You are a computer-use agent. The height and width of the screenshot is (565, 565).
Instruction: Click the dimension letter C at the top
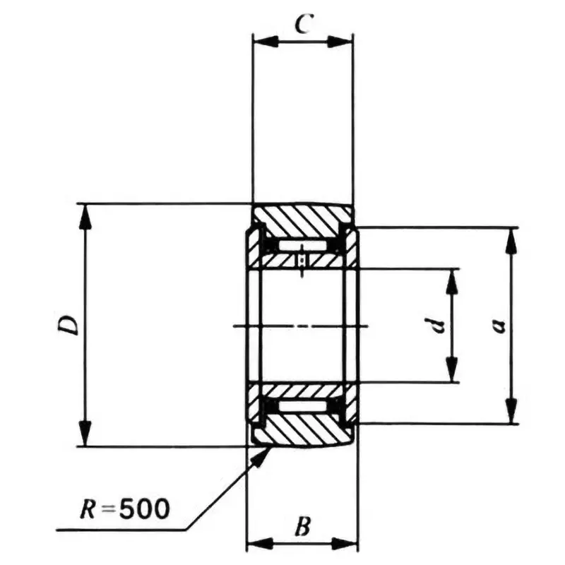coord(302,25)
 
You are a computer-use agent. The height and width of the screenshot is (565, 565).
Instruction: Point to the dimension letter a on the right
coord(498,326)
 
